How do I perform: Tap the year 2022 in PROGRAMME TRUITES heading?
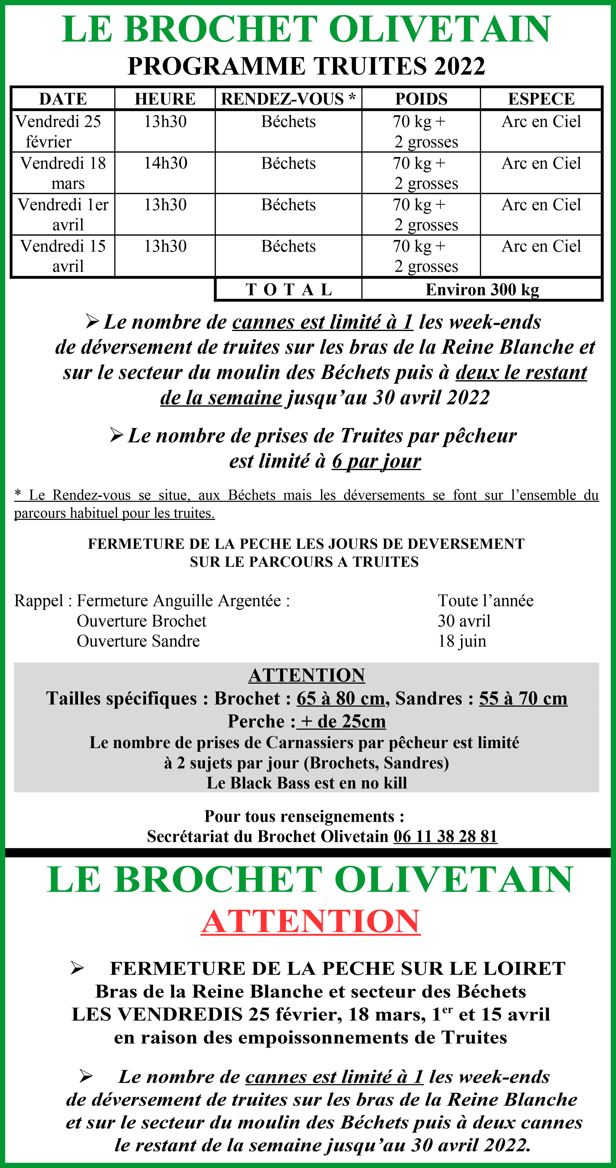click(460, 66)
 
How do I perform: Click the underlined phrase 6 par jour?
click(376, 461)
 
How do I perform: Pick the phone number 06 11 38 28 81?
click(445, 836)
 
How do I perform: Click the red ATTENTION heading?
click(311, 921)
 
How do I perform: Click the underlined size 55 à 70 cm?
click(523, 698)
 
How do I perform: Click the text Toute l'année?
click(485, 601)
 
